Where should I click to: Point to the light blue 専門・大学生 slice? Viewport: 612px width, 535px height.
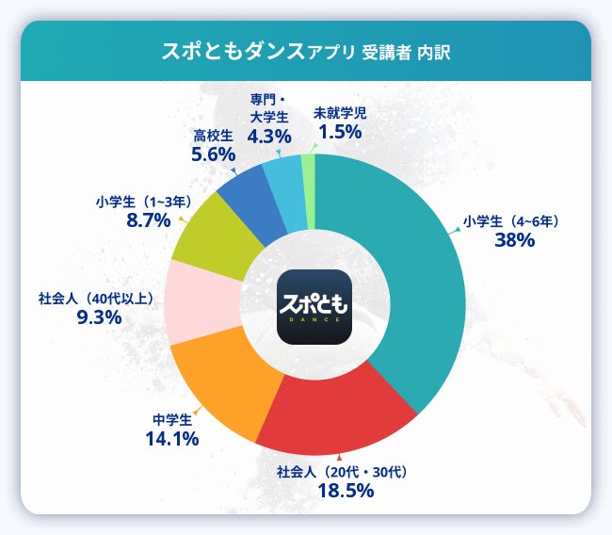coord(283,179)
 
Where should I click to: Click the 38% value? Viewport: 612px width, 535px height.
coord(514,240)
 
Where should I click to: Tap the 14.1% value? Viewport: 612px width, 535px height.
coord(170,438)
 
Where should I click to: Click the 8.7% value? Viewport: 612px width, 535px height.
coord(148,220)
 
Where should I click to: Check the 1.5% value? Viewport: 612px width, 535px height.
coord(340,132)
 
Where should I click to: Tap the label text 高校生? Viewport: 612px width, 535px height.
coord(213,136)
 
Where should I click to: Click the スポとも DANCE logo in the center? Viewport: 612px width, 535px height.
coord(314,306)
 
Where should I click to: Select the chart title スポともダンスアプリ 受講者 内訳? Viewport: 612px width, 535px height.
coord(306,51)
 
